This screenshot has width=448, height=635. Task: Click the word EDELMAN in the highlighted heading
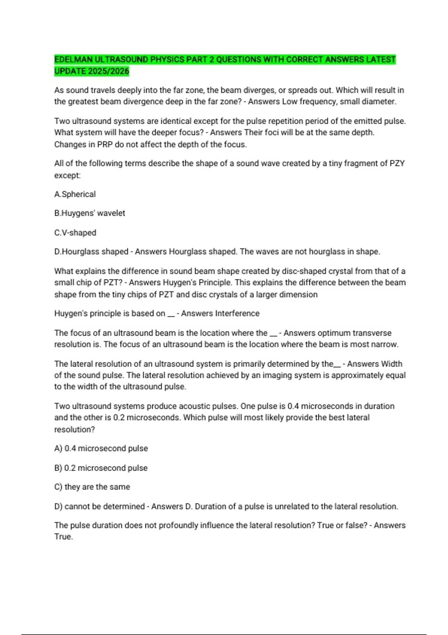point(73,59)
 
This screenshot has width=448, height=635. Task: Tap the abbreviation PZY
point(397,163)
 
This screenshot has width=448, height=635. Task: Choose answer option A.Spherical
point(75,194)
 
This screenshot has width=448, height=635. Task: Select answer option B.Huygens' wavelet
point(90,213)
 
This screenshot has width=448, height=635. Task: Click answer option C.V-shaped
point(75,232)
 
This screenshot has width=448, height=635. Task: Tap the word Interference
point(220,313)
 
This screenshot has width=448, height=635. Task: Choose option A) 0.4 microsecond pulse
point(101,448)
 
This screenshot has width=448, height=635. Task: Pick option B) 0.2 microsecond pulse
point(101,468)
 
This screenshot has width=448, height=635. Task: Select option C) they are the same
point(92,487)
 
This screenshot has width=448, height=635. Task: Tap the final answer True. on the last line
point(63,537)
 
